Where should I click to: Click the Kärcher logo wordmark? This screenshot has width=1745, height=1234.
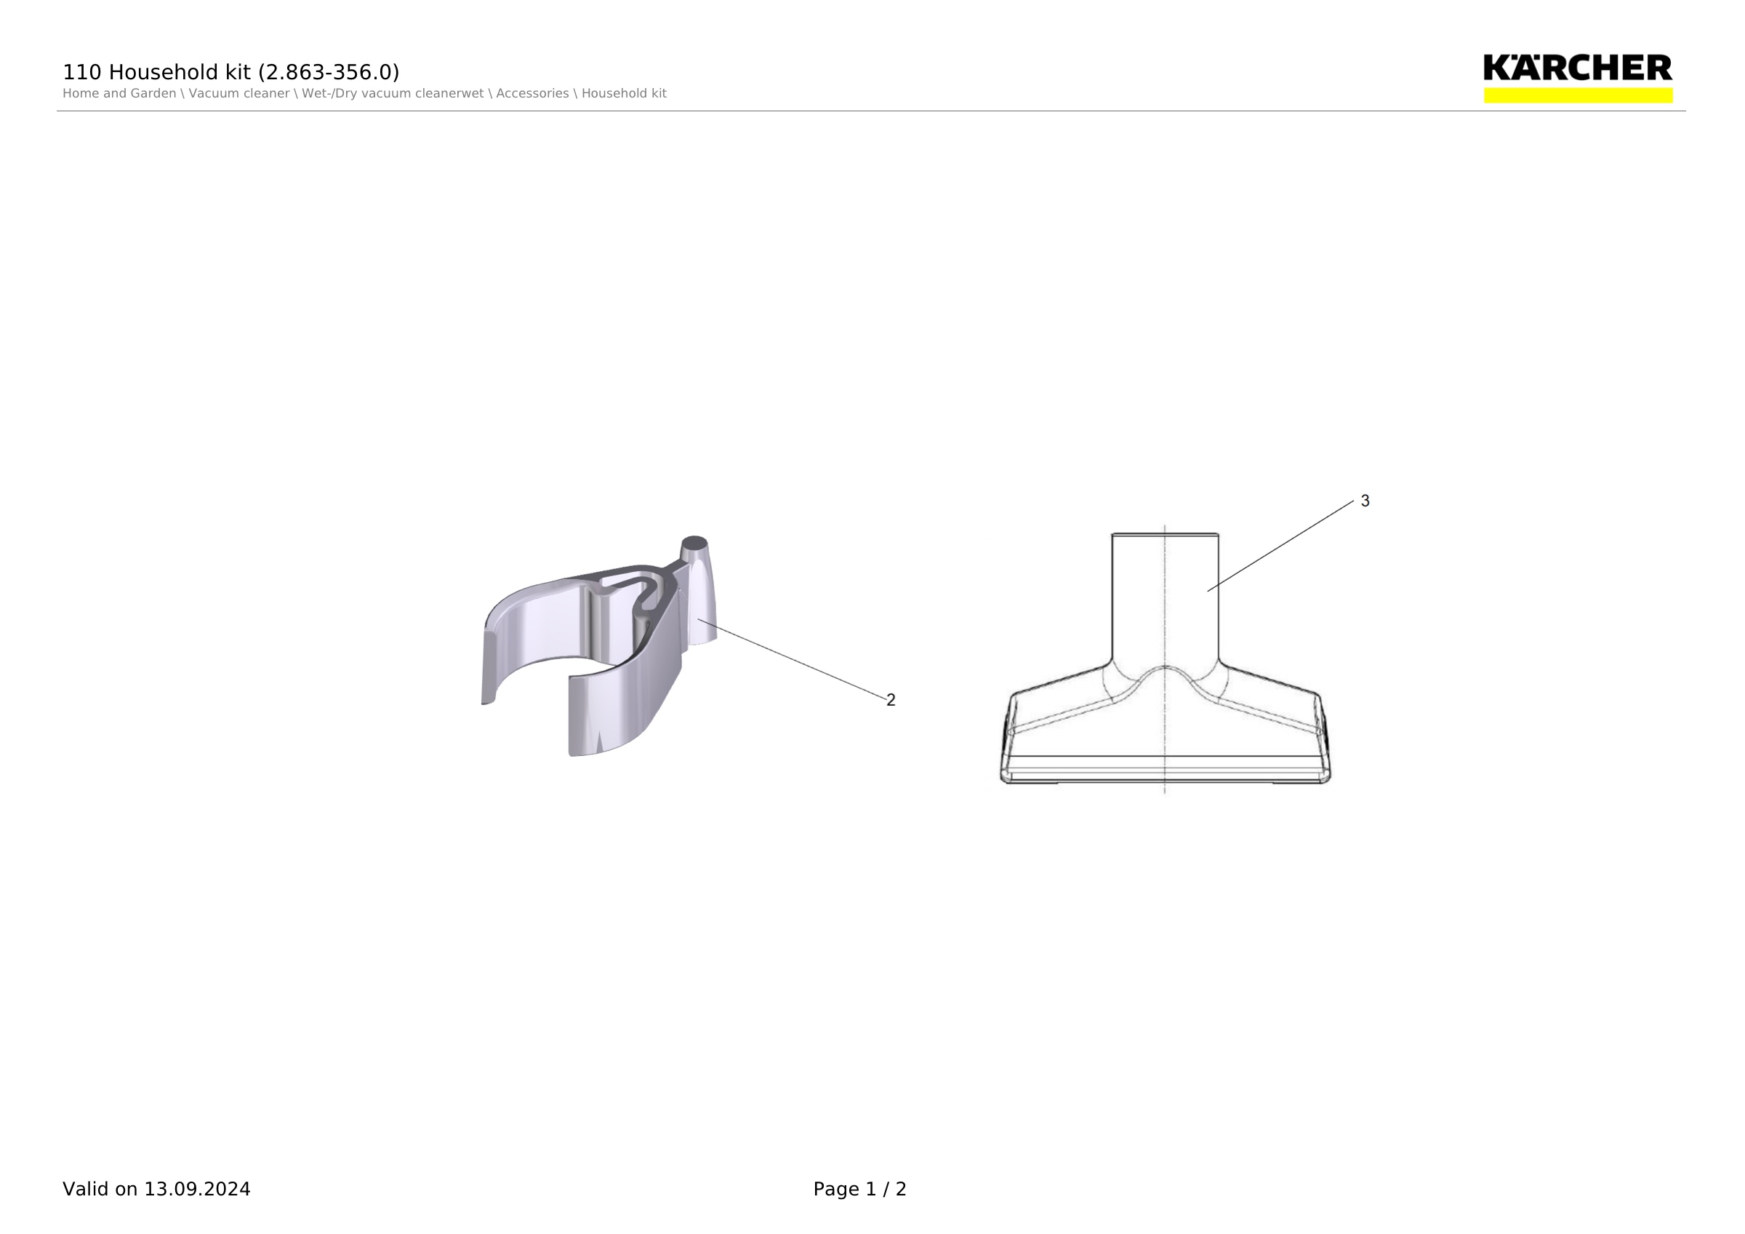[x=1577, y=68]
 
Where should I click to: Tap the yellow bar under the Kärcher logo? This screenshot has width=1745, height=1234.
[x=1578, y=95]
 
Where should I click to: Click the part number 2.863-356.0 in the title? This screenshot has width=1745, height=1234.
[x=329, y=72]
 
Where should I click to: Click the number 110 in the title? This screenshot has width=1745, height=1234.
[x=82, y=72]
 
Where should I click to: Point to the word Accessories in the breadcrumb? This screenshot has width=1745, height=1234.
[x=532, y=94]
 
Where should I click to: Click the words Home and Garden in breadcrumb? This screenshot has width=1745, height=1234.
[x=119, y=94]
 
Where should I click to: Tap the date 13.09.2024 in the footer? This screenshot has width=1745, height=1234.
[x=197, y=1189]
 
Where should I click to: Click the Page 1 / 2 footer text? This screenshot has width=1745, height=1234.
[x=859, y=1189]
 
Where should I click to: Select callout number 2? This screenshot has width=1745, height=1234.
[x=891, y=700]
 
